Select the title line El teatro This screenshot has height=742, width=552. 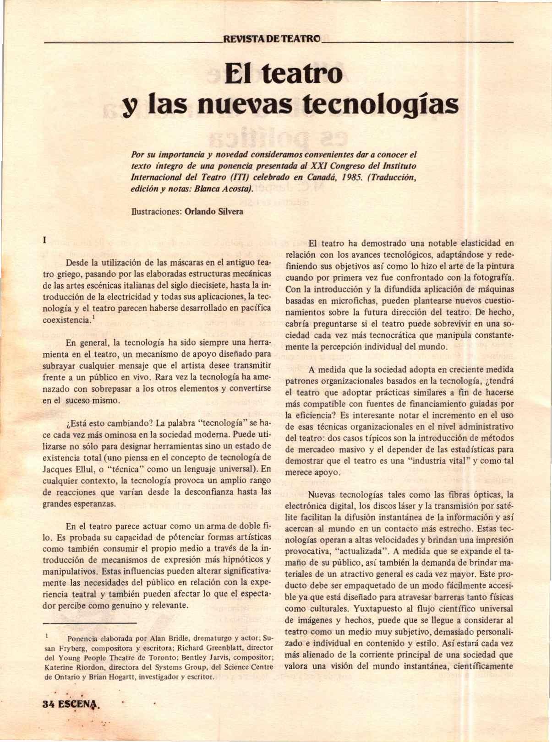point(283,73)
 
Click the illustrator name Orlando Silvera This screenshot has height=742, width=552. point(213,211)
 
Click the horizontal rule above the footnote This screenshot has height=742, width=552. point(89,623)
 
